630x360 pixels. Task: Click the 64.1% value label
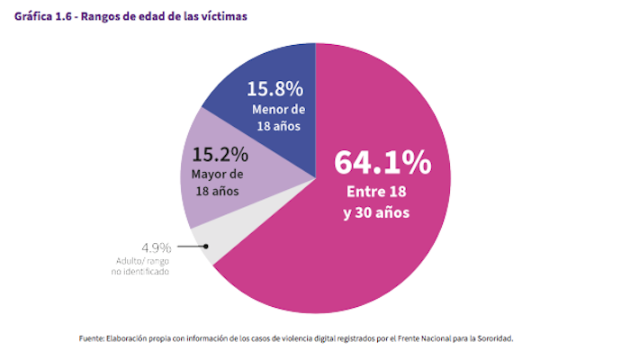382,163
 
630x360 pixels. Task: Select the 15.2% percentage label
216,153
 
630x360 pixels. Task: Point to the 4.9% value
154,247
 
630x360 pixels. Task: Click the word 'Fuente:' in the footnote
94,338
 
